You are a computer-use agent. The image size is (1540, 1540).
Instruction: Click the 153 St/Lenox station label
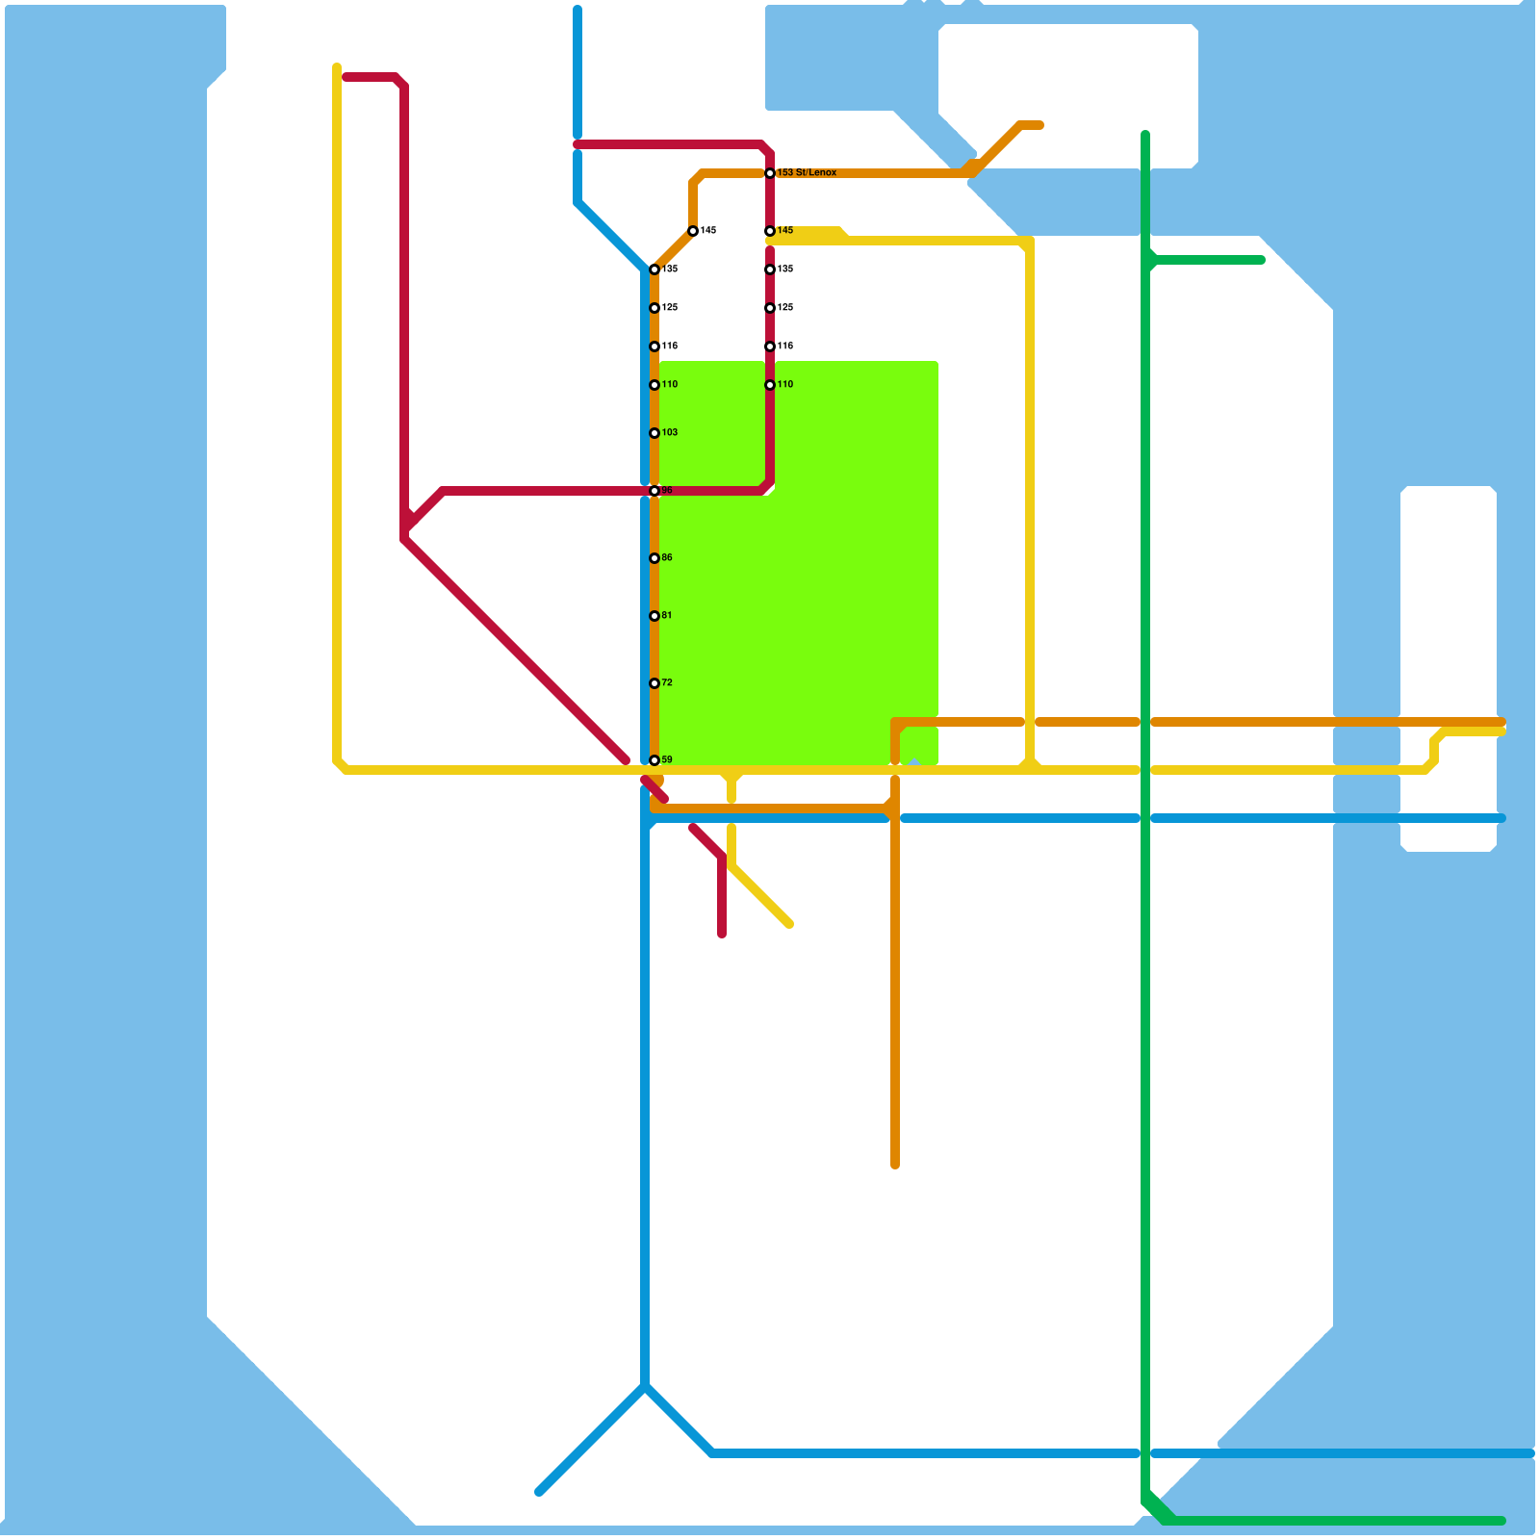coord(807,173)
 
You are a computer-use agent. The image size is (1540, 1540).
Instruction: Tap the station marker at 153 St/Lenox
coord(770,173)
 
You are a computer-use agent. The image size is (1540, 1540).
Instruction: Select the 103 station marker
coord(654,433)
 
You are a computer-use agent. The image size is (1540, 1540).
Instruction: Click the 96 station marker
coord(654,491)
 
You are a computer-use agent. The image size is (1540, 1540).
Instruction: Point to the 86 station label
coord(667,558)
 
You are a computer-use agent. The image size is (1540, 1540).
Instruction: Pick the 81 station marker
coord(654,616)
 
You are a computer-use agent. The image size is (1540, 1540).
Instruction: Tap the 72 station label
coord(667,683)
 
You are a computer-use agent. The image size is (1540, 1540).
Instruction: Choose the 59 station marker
coord(654,760)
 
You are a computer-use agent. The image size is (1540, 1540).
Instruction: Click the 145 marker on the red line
coord(770,231)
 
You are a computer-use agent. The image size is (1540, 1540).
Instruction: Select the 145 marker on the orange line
coord(693,231)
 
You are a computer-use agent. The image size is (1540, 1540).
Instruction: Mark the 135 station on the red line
coord(770,269)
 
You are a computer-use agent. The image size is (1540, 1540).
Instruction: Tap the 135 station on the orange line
coord(654,269)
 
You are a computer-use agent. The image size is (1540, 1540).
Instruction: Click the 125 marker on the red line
coord(770,308)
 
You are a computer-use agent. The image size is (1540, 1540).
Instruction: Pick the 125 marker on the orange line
coord(654,308)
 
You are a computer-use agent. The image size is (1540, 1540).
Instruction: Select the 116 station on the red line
coord(770,346)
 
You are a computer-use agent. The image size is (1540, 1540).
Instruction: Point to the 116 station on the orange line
coord(654,346)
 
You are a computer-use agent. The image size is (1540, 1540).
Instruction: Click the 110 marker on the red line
coord(770,385)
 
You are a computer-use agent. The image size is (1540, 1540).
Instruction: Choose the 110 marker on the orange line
coord(654,385)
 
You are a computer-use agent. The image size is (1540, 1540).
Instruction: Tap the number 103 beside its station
coord(670,433)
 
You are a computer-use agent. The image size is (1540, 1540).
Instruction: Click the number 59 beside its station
coord(667,760)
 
